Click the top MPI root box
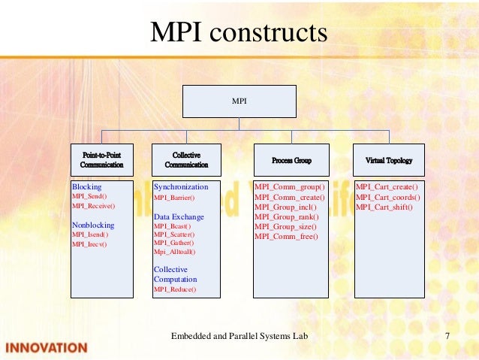(x=239, y=101)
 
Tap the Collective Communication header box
(x=186, y=159)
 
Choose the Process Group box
(x=291, y=160)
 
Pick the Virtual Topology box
(x=388, y=160)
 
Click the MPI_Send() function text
(x=89, y=195)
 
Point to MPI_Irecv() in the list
(x=89, y=244)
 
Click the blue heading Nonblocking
(x=93, y=225)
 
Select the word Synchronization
(x=181, y=186)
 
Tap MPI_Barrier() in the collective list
(x=174, y=198)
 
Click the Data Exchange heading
(x=179, y=216)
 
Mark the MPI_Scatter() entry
(x=173, y=234)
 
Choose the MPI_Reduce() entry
(x=174, y=289)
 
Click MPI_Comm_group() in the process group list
(x=290, y=186)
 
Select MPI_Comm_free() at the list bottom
(x=287, y=236)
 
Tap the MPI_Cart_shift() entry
(x=384, y=207)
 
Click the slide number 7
(x=447, y=335)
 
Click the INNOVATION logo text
(x=47, y=348)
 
